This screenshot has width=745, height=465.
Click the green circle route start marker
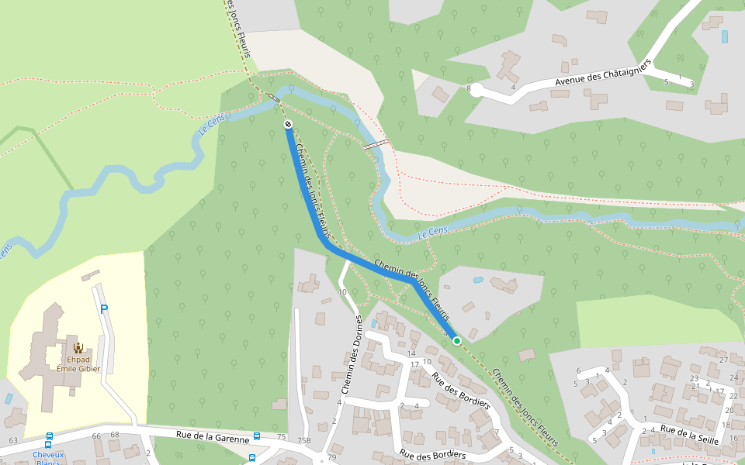click(457, 340)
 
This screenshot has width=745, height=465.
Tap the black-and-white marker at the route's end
click(288, 124)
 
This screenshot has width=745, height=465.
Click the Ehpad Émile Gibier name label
click(78, 363)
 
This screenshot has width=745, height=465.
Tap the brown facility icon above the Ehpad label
click(78, 347)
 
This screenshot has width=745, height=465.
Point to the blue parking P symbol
click(104, 309)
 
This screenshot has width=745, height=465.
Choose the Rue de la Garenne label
click(212, 438)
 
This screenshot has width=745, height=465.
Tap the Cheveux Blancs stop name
click(48, 458)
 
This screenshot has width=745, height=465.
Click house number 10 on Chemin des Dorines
click(342, 292)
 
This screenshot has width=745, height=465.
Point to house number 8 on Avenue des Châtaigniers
click(469, 88)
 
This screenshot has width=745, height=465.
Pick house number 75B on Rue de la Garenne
click(303, 440)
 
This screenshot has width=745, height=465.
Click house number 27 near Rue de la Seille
click(723, 360)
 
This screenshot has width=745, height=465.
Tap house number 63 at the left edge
click(12, 440)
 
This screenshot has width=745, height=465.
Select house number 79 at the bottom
click(332, 457)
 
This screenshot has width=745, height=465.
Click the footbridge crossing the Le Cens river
click(376, 144)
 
